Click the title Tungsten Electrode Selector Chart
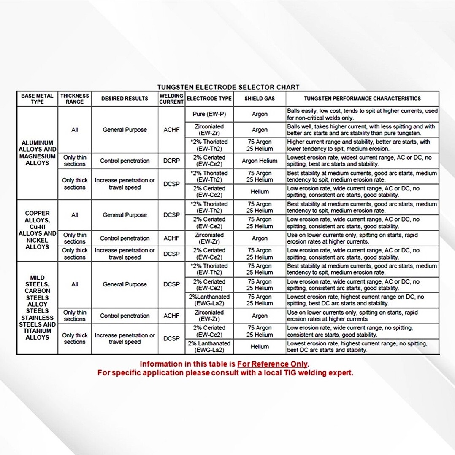click(228, 87)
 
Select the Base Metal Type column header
click(37, 99)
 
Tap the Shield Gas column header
click(260, 99)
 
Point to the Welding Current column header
click(171, 99)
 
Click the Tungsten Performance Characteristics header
click(362, 99)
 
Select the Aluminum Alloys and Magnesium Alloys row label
click(37, 153)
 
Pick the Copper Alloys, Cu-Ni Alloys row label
click(37, 230)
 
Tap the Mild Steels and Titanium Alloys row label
click(37, 308)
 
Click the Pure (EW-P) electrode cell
click(209, 114)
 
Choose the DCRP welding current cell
click(171, 161)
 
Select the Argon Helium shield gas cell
click(260, 161)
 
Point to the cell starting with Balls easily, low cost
click(362, 114)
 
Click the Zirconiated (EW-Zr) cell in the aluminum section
click(209, 130)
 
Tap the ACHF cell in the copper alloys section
click(171, 238)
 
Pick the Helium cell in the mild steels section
click(260, 347)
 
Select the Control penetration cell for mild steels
click(125, 316)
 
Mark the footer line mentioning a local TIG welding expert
click(225, 373)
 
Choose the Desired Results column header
click(125, 99)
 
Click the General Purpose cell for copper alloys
click(125, 215)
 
